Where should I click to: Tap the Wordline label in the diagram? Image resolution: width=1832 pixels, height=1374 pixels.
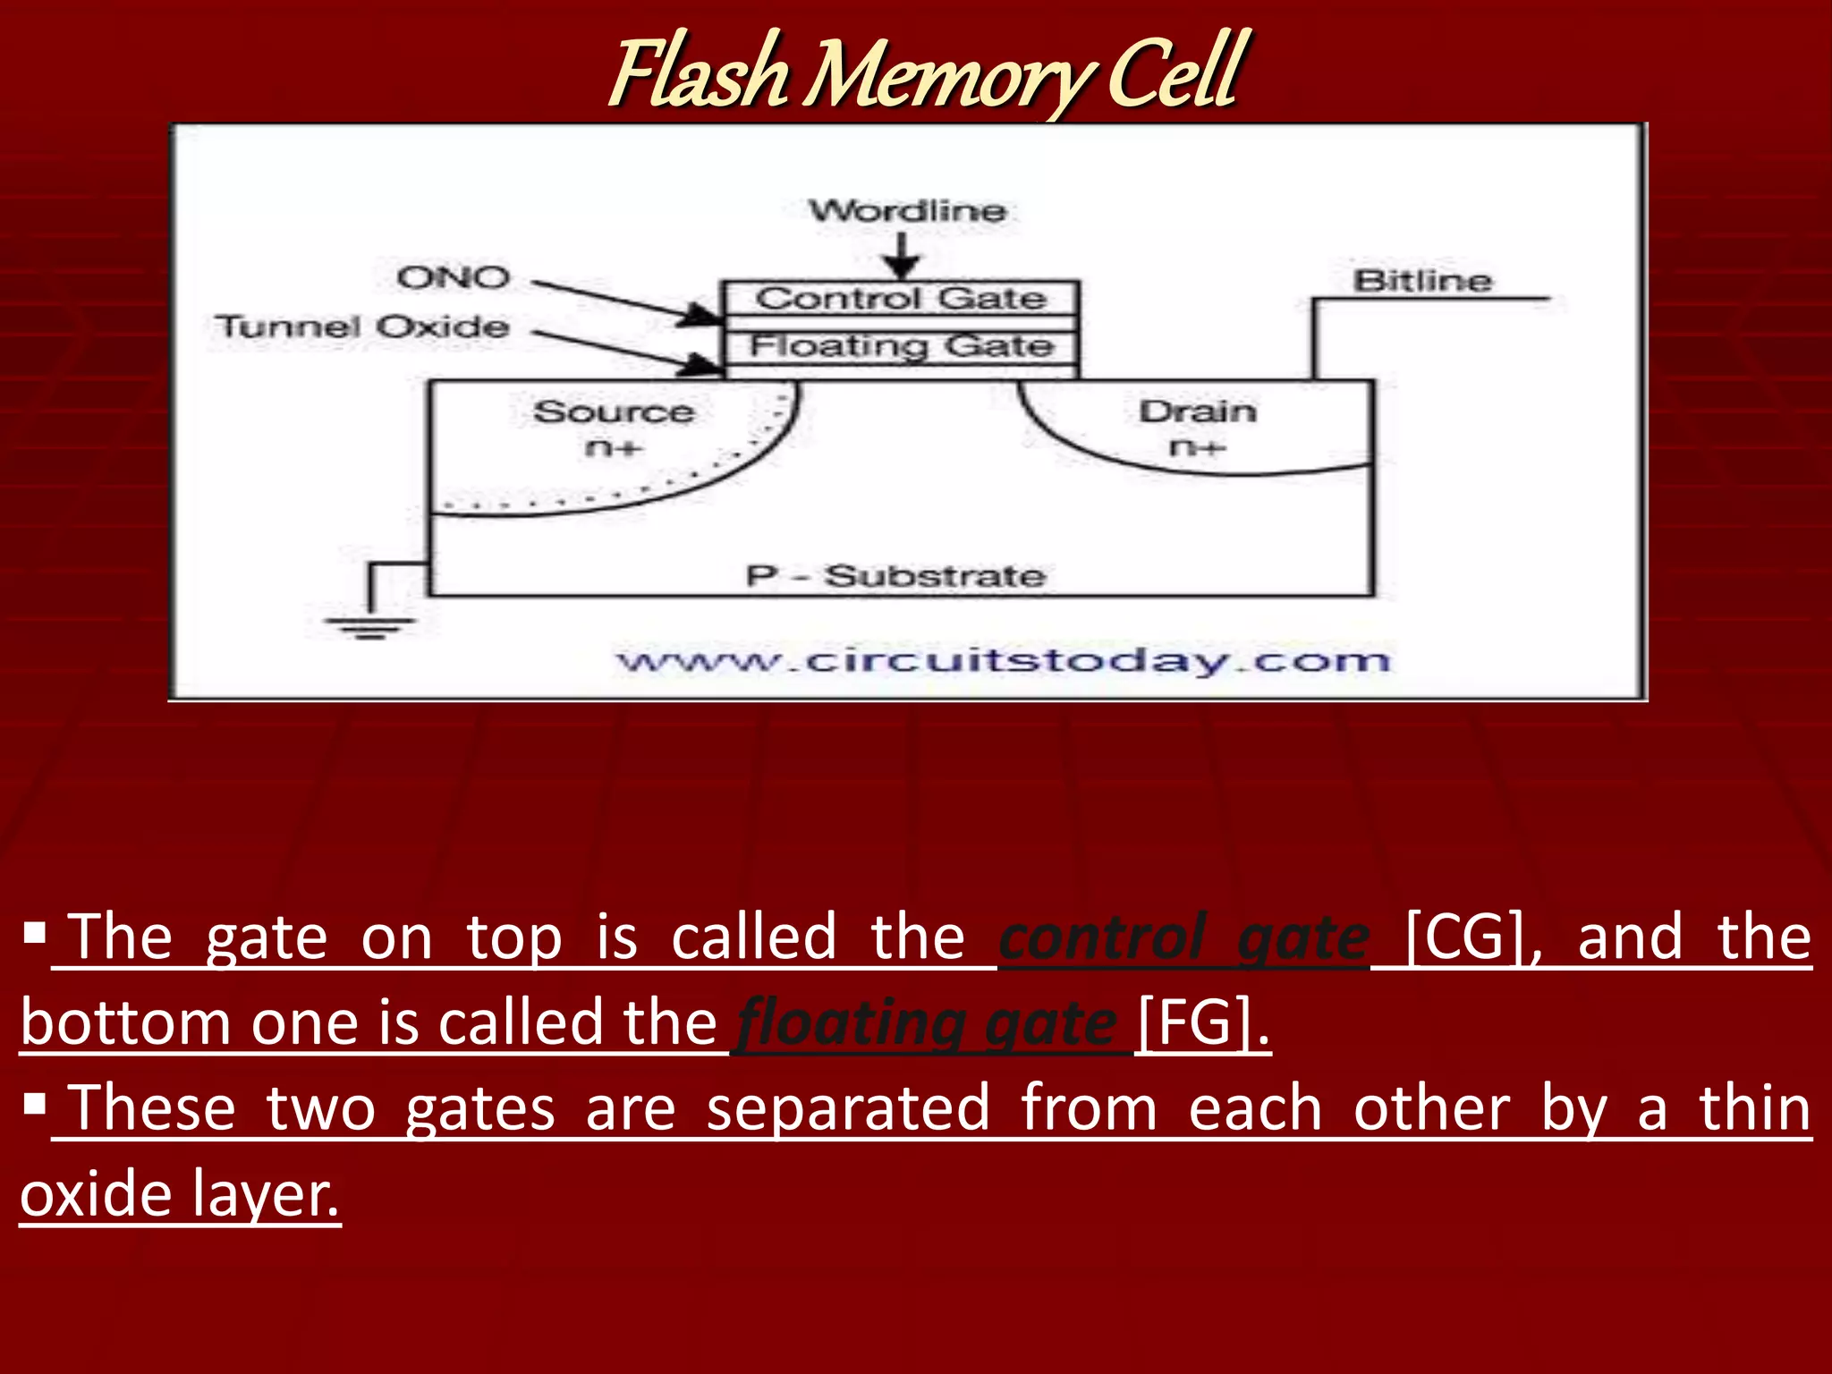907,211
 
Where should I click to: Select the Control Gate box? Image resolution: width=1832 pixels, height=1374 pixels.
901,298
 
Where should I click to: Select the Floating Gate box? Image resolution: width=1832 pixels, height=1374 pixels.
901,346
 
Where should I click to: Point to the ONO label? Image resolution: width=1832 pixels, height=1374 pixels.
454,278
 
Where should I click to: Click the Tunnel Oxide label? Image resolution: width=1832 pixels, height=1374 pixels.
362,327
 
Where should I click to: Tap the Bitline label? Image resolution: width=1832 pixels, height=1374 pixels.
1421,281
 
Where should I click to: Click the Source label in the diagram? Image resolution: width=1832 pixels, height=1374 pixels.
614,411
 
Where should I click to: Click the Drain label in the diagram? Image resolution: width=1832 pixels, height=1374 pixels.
1198,411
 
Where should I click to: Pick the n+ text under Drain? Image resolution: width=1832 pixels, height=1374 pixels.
1196,447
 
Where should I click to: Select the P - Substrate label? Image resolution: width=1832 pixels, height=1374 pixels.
895,576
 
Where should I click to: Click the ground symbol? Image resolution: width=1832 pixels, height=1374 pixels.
369,626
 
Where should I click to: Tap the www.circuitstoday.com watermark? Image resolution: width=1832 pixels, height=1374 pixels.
1004,661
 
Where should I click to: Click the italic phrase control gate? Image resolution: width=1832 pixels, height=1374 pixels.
1184,937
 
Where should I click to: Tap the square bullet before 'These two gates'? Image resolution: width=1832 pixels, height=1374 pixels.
35,1105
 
